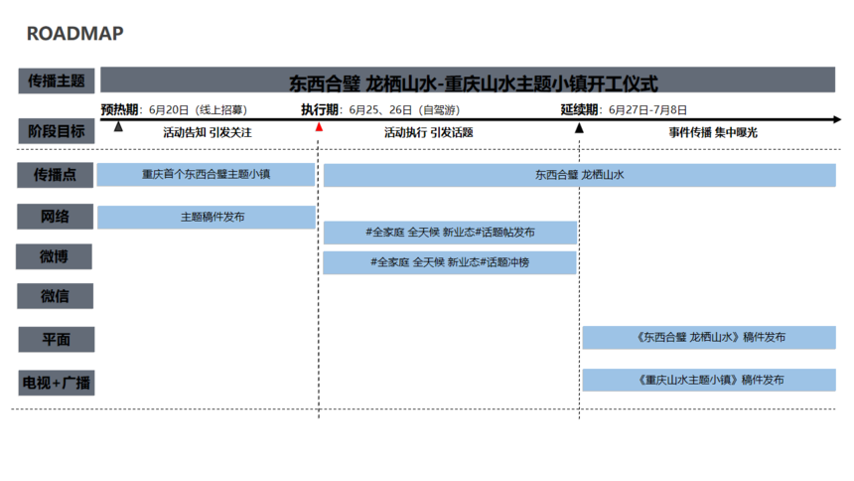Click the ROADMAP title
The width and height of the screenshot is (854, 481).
[x=75, y=33]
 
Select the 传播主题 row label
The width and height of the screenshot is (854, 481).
[x=56, y=80]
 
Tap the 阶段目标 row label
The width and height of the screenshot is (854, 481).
[x=56, y=131]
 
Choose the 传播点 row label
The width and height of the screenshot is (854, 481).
[x=55, y=175]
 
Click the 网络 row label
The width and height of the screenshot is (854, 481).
[x=55, y=217]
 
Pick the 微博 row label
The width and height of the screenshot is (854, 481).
[x=54, y=256]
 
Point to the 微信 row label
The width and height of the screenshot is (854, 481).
[x=55, y=296]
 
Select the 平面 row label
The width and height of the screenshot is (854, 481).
[x=56, y=339]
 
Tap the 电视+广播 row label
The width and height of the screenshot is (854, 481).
[x=56, y=383]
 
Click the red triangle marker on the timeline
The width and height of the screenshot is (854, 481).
[x=319, y=127]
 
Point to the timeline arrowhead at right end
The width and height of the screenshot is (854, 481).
[x=837, y=119]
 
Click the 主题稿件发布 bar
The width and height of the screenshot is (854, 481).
[x=207, y=217]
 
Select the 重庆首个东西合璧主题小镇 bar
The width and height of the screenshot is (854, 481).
[x=206, y=175]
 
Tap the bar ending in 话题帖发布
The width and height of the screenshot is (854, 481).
[x=450, y=233]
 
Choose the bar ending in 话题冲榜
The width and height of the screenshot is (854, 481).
[x=449, y=262]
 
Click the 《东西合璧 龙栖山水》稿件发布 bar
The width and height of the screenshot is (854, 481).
[x=709, y=338]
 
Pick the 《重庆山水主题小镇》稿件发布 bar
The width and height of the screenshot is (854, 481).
[x=709, y=380]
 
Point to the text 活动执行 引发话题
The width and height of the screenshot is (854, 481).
[x=429, y=132]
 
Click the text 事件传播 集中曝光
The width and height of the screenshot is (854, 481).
[x=713, y=132]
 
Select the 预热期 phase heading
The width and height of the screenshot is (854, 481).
[x=119, y=109]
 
